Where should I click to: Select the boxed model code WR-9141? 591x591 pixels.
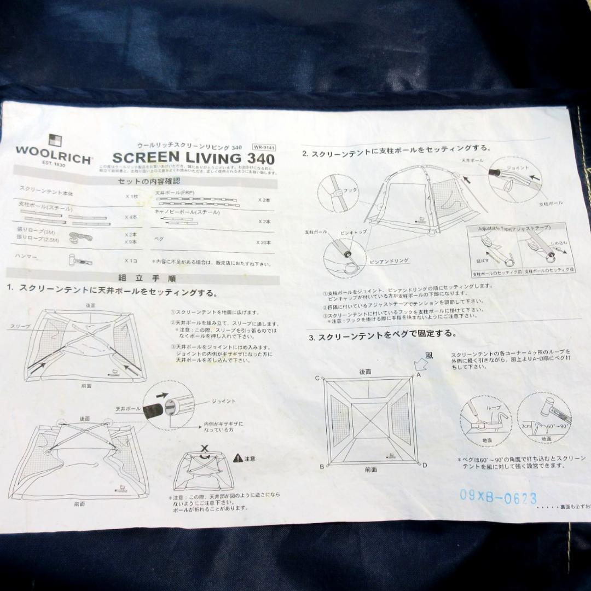coord(263,147)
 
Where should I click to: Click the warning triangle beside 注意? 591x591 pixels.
coord(237,457)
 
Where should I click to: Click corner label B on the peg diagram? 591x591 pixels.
coord(322,467)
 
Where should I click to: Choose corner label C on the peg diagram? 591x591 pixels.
coord(317,378)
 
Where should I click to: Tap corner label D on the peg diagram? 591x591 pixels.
coord(425,465)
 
